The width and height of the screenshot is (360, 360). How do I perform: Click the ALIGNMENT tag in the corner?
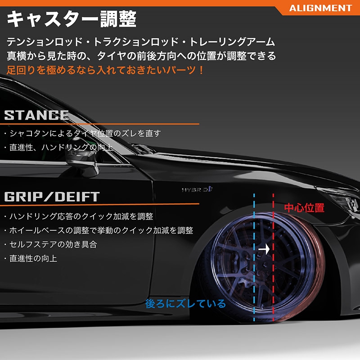tap(320, 8)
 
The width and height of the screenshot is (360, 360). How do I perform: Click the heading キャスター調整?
tap(72, 20)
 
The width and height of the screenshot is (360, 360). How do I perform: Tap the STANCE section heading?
tap(36, 115)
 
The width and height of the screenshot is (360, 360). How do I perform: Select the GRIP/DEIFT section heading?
tap(52, 197)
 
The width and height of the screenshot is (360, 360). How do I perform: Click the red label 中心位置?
tap(304, 208)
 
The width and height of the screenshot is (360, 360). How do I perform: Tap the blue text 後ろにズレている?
tap(185, 304)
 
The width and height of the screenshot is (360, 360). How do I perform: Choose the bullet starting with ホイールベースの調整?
tap(98, 230)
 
